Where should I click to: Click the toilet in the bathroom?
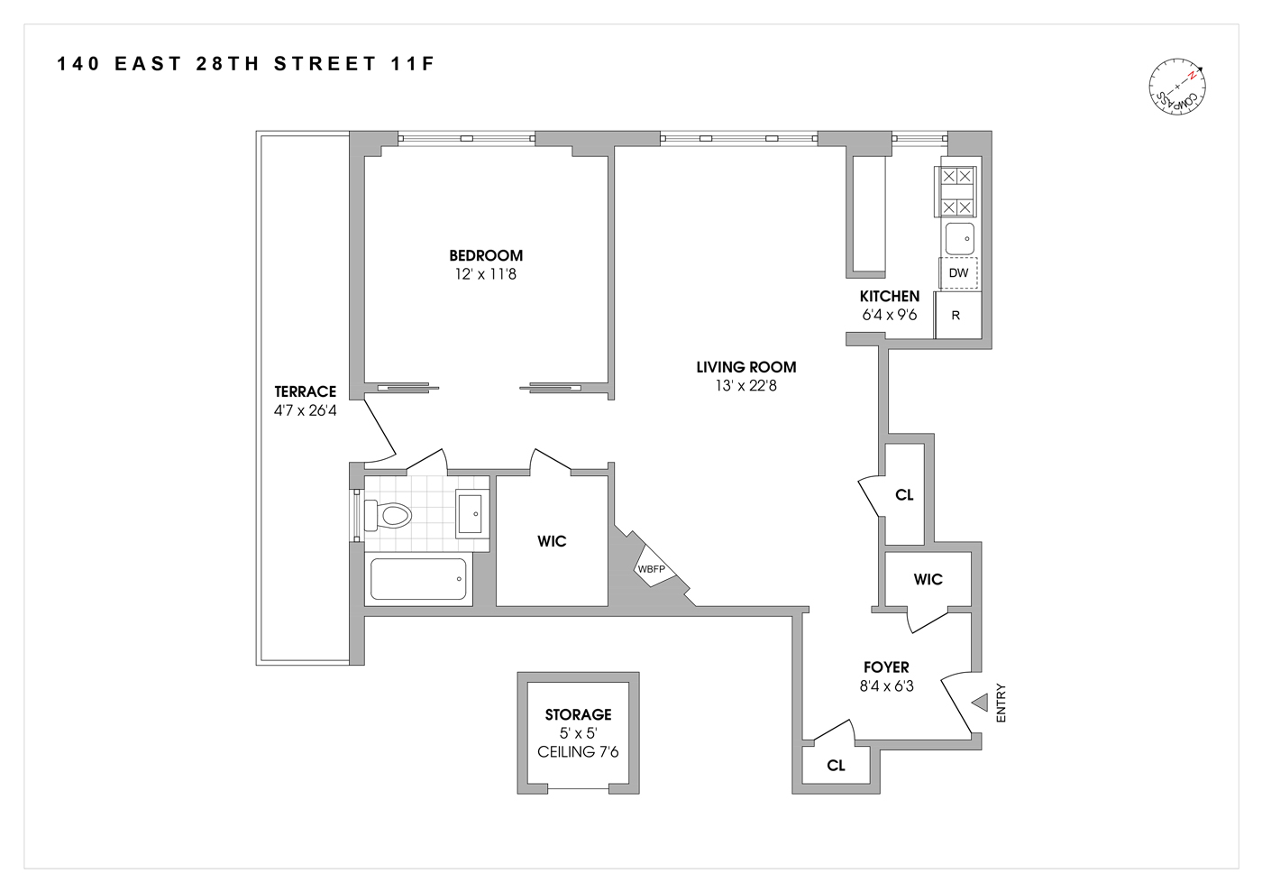tap(391, 516)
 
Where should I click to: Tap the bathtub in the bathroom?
tap(418, 579)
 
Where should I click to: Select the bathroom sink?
tap(472, 514)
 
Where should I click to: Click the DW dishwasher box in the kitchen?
tap(958, 272)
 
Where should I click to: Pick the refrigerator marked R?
tap(956, 316)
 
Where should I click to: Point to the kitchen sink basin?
tap(959, 239)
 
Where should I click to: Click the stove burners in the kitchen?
tap(956, 191)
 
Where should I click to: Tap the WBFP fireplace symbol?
tap(652, 568)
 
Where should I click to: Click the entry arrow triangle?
tap(980, 702)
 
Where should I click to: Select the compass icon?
tap(1177, 87)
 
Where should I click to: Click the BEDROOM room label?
tap(486, 255)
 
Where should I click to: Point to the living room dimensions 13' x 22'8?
tap(745, 386)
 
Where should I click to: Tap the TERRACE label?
tap(305, 391)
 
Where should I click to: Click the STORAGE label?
tap(578, 714)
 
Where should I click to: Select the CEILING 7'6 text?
tap(578, 752)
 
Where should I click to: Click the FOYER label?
tap(886, 667)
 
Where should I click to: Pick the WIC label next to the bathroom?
tap(552, 541)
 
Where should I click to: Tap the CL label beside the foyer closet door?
tap(836, 766)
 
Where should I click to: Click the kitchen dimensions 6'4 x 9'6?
tap(889, 315)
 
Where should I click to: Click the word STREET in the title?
tap(325, 64)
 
